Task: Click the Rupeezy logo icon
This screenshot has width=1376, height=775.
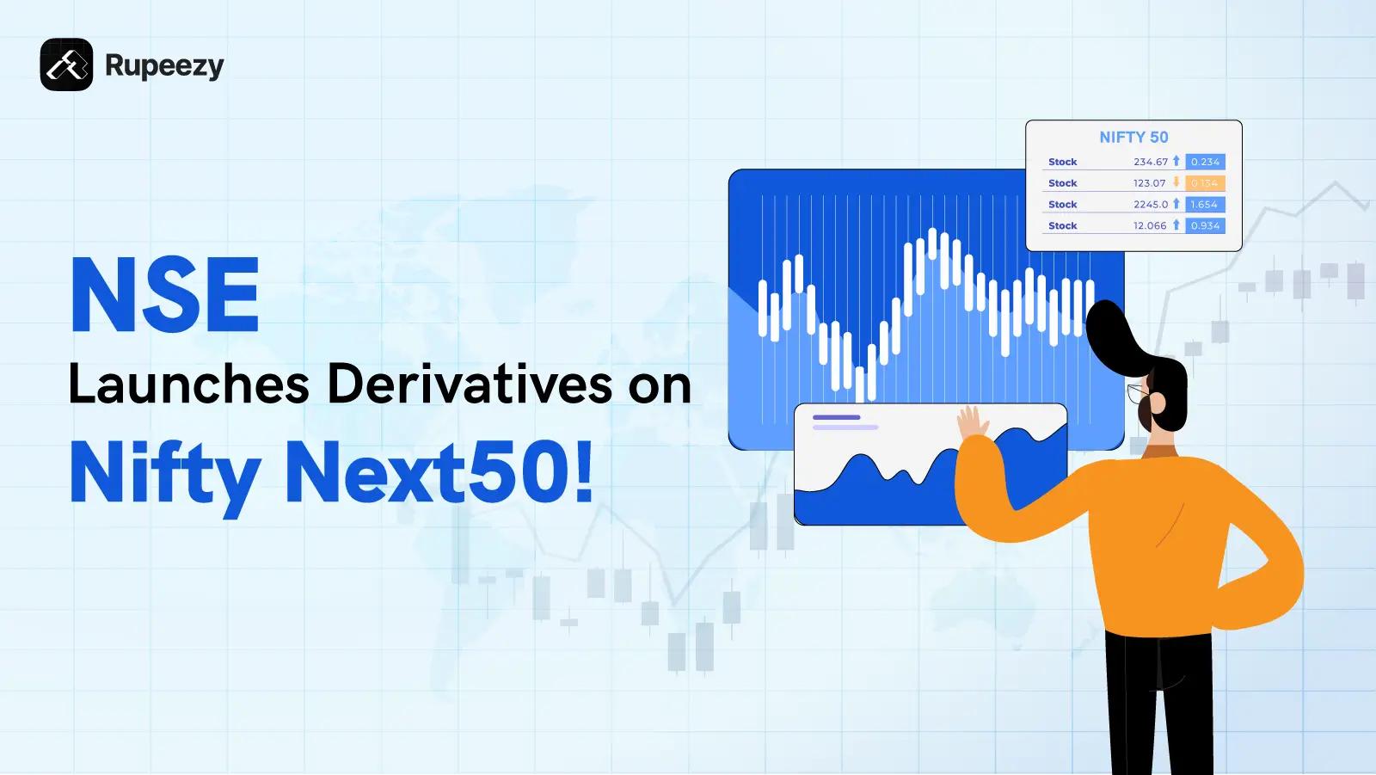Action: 66,65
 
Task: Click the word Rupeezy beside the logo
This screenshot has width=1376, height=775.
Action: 164,65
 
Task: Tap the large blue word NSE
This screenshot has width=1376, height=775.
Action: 164,295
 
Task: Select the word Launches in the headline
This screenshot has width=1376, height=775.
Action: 188,384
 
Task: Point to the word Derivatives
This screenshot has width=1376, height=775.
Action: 464,384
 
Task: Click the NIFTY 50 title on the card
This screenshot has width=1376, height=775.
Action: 1133,138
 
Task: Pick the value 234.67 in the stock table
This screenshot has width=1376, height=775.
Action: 1150,162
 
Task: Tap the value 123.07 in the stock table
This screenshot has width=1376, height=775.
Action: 1149,183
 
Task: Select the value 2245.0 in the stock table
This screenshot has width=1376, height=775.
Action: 1150,205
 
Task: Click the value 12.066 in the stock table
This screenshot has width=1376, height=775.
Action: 1150,226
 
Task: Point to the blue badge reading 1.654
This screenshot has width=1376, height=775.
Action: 1204,205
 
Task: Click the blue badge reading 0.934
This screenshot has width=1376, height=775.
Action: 1204,226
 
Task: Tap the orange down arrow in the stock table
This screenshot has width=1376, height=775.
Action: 1176,182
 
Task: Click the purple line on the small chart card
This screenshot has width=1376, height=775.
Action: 836,417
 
